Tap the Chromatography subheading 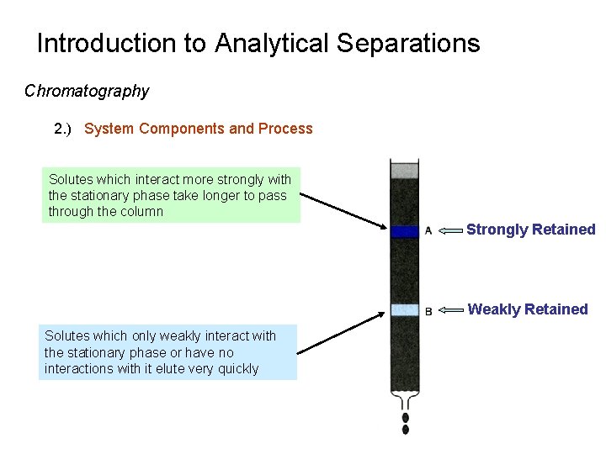(x=87, y=91)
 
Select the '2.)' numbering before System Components (x=63, y=129)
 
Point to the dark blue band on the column (x=405, y=231)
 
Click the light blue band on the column (x=405, y=310)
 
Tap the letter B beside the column (x=428, y=311)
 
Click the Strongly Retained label (x=530, y=230)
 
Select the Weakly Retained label (x=528, y=309)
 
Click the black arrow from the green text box (x=343, y=210)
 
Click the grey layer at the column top (x=405, y=171)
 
